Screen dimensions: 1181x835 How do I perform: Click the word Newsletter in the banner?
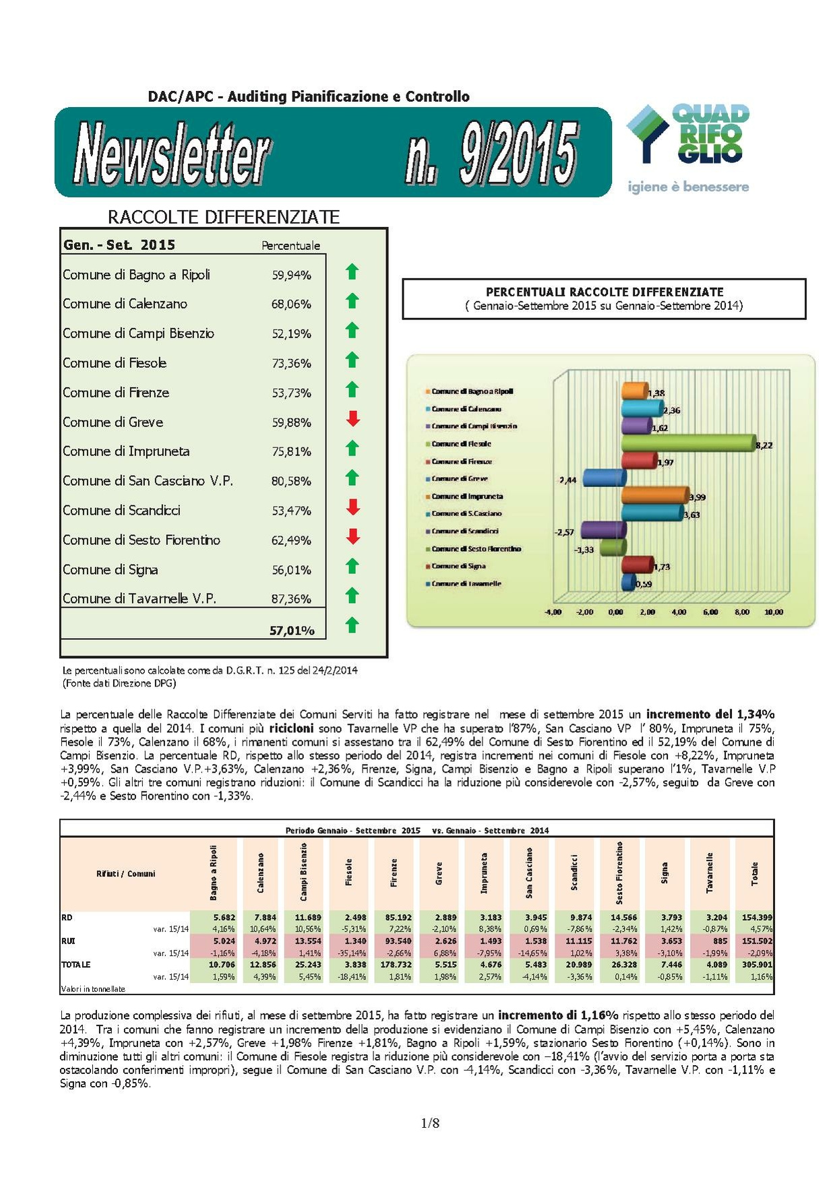click(x=172, y=154)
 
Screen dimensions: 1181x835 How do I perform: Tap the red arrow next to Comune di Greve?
click(x=352, y=419)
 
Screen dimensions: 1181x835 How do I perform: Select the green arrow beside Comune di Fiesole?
click(x=352, y=360)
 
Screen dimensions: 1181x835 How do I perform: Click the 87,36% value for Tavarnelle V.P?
click(x=291, y=599)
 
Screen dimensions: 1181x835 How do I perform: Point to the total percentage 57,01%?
click(x=292, y=631)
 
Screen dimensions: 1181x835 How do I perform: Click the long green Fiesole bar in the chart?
click(x=687, y=443)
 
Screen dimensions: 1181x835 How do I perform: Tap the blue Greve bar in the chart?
click(x=603, y=478)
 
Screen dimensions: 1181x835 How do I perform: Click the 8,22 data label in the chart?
click(x=764, y=445)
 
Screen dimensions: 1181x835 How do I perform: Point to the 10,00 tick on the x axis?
click(x=774, y=612)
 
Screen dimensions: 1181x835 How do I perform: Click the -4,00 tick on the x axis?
click(x=553, y=612)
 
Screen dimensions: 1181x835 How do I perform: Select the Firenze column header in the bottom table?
click(x=394, y=872)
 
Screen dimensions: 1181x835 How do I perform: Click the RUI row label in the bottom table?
click(x=67, y=941)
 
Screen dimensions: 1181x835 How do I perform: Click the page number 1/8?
click(x=430, y=1123)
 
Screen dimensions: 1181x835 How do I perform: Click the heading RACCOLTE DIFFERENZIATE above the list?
click(x=224, y=217)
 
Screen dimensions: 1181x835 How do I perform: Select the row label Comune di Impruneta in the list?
click(x=126, y=451)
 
